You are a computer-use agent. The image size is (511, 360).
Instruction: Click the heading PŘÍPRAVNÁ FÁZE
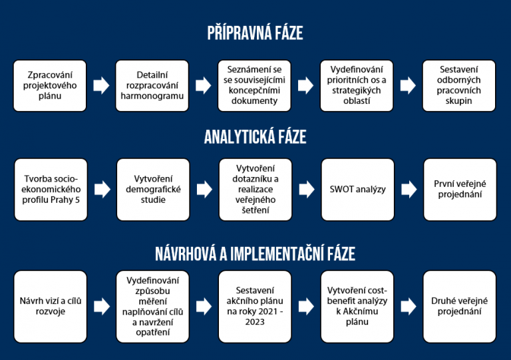pos(255,33)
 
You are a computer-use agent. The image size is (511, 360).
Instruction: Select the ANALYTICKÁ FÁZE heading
pos(255,137)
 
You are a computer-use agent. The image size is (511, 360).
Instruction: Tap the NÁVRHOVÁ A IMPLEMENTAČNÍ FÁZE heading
pos(255,254)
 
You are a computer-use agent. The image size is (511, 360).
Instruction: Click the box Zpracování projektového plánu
pos(50,86)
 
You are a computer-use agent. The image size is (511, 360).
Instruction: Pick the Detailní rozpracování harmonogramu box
pos(152,86)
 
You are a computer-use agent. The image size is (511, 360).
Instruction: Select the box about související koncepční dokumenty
pos(255,86)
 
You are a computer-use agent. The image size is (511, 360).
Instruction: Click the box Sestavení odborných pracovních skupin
pos(459,86)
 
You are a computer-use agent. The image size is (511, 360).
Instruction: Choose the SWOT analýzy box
pos(358,190)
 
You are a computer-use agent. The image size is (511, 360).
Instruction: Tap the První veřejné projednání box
pos(460,190)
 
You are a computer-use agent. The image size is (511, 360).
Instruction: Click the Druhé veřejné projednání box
pos(460,307)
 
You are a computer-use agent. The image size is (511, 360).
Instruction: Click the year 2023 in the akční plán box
pos(255,322)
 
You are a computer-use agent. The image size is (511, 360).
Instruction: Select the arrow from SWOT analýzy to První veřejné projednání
pos(409,190)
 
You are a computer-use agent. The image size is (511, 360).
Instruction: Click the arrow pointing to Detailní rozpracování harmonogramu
pos(101,86)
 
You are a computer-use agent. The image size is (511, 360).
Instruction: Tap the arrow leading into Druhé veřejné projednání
pos(409,307)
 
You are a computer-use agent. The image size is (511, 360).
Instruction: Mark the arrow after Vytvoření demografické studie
pos(204,190)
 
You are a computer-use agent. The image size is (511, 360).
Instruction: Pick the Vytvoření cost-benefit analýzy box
pos(357,307)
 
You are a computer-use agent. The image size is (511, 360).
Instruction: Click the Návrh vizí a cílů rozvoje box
pos(51,307)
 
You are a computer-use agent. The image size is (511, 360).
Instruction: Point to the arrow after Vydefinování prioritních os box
pos(408,86)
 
